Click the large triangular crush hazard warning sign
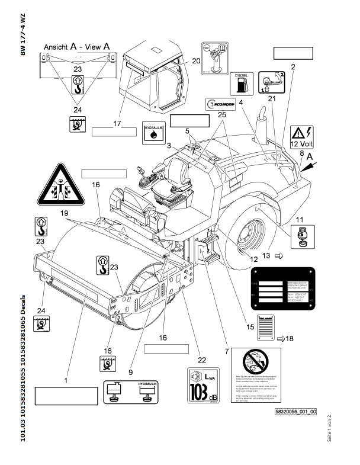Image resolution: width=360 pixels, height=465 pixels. click(x=59, y=185)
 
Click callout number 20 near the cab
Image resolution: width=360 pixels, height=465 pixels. click(x=197, y=60)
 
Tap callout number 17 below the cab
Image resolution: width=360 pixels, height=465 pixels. click(x=117, y=123)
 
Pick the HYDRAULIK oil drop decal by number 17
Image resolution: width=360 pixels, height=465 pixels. click(x=154, y=132)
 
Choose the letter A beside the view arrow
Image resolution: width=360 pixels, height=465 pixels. click(x=313, y=158)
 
